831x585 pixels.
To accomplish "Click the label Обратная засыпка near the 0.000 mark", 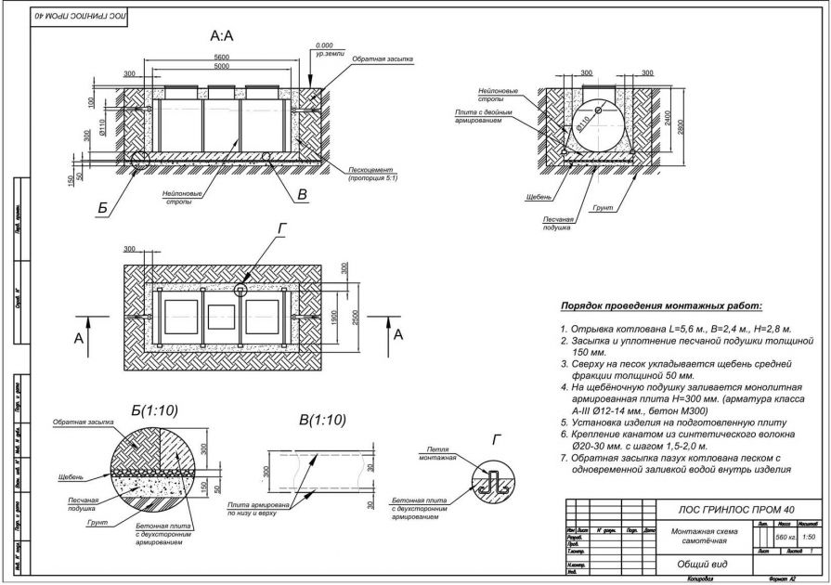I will [382, 58].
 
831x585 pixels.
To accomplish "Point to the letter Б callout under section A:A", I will [103, 210].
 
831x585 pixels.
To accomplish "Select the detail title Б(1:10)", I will [155, 409].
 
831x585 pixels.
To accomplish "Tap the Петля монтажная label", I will [438, 456].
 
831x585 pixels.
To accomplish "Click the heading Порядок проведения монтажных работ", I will [660, 305].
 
